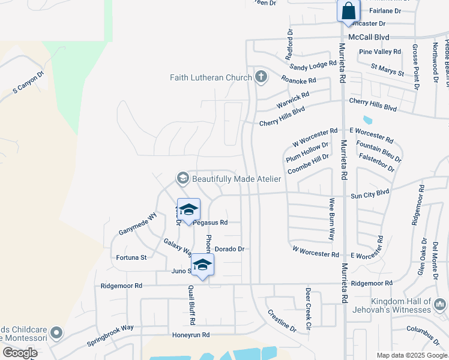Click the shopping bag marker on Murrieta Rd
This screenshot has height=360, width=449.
[348, 11]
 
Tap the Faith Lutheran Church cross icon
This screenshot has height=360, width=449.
[261, 77]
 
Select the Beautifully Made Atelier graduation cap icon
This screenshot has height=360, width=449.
[182, 178]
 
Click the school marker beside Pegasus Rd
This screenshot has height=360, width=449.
[188, 211]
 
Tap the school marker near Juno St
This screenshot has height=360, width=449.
[203, 265]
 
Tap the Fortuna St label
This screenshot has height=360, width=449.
[131, 257]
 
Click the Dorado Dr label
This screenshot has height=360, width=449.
[229, 248]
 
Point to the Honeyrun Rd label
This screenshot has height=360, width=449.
[191, 335]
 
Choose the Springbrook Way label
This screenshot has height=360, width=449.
[110, 337]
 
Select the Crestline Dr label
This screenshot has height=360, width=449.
[282, 321]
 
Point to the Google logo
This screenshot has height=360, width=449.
[20, 352]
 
